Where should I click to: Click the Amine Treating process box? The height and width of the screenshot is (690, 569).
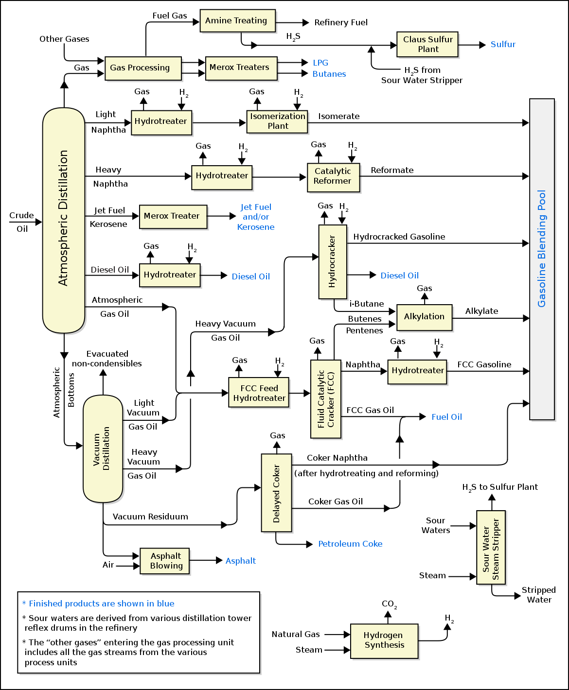[x=237, y=21]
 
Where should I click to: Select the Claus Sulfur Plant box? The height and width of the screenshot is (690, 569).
[x=427, y=44]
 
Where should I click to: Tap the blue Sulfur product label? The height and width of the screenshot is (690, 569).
[x=502, y=44]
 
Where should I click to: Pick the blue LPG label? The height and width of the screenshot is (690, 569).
[x=320, y=63]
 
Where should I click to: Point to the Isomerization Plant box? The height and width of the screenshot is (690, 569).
[x=277, y=121]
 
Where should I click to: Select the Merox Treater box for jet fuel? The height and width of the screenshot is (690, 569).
[x=173, y=216]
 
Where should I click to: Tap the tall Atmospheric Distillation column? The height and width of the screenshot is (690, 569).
[x=64, y=220]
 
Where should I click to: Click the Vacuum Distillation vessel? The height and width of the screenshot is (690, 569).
[x=103, y=448]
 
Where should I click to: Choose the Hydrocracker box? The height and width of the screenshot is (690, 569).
[x=333, y=261]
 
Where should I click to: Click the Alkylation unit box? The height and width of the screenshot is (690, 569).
[x=424, y=317]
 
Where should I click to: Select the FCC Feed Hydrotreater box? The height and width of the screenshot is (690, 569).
[x=259, y=393]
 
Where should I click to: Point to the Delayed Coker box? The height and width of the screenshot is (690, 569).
[x=276, y=493]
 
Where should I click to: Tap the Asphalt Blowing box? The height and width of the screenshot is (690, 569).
[x=165, y=561]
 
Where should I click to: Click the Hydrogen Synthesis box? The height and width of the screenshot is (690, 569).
[x=384, y=641]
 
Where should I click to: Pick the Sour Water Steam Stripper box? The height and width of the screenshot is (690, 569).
[x=491, y=547]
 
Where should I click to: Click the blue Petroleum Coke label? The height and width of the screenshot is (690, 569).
[x=350, y=544]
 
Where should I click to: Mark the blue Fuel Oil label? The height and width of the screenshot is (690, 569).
[x=446, y=417]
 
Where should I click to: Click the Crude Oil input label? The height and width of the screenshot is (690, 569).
[x=22, y=222]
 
